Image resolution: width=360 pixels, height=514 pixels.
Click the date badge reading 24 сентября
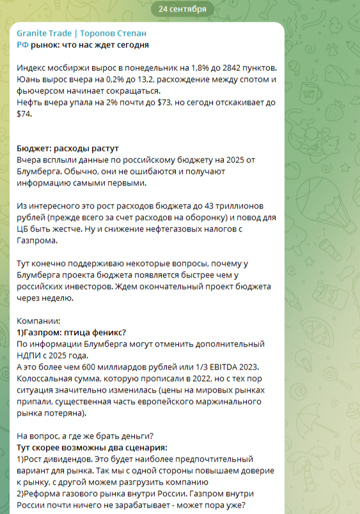[182, 9]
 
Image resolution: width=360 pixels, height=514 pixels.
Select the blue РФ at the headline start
[22, 45]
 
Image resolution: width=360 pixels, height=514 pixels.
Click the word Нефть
[30, 102]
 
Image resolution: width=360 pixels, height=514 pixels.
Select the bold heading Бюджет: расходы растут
[68, 148]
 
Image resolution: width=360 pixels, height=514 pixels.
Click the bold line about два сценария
[91, 448]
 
